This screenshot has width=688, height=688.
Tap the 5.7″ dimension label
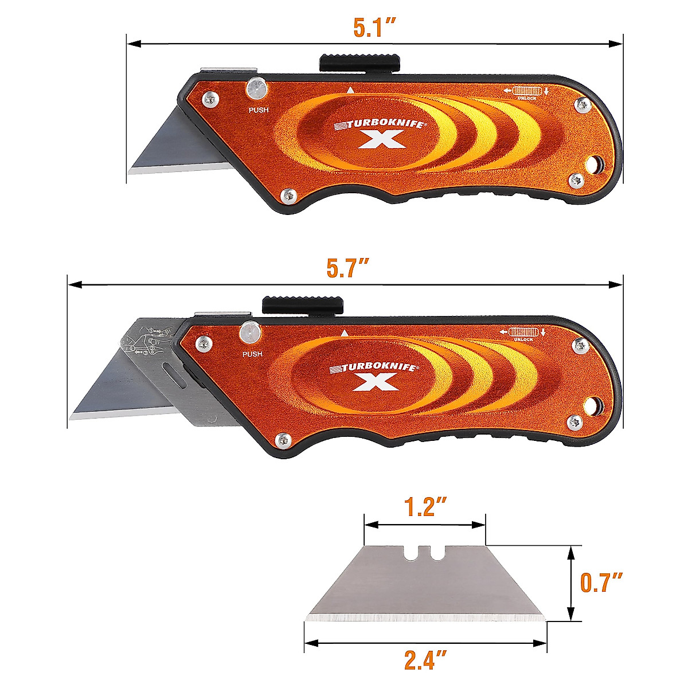tap(347, 268)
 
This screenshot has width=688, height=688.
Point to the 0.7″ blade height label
tap(601, 583)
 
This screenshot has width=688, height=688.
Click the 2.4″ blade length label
tap(425, 660)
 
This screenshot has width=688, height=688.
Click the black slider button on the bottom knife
tap(301, 303)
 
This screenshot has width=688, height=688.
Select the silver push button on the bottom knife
tap(251, 331)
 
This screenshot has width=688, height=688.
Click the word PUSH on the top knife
tap(256, 110)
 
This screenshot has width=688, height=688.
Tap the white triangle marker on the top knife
tap(351, 90)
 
